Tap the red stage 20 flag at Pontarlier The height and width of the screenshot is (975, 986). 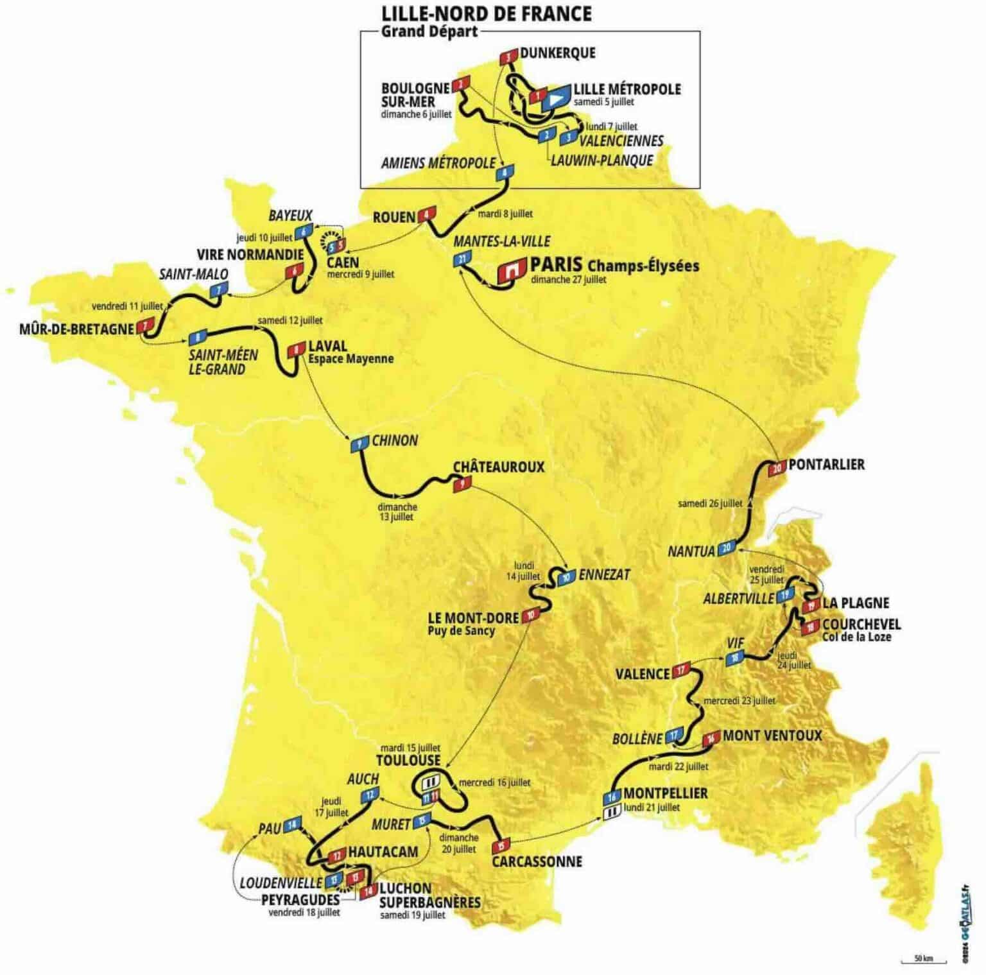click(778, 468)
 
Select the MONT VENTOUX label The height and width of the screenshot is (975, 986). click(772, 736)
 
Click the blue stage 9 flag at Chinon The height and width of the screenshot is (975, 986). click(357, 444)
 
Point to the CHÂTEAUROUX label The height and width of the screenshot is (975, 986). click(498, 467)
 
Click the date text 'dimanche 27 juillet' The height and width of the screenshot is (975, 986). click(569, 279)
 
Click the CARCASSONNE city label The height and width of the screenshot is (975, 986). click(537, 861)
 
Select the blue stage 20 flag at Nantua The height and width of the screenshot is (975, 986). click(726, 548)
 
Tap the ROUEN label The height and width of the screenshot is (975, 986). click(394, 218)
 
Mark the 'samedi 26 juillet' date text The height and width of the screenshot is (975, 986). click(710, 503)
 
